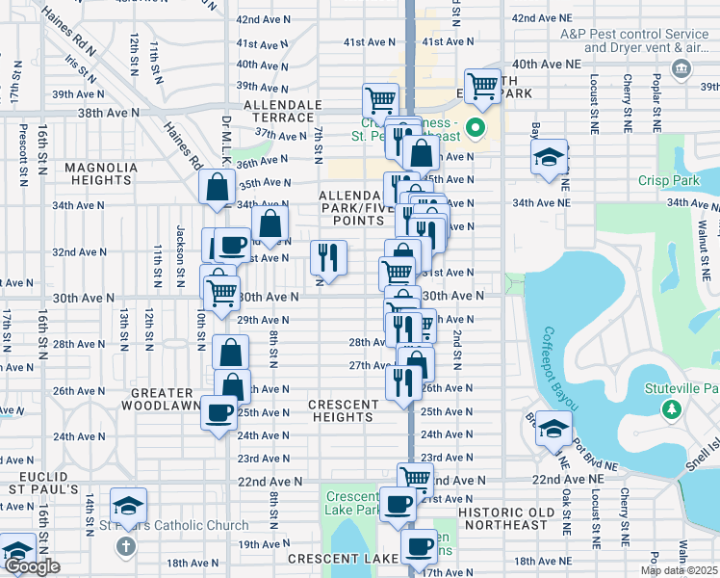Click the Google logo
coord(32,566)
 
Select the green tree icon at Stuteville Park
coord(671,409)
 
